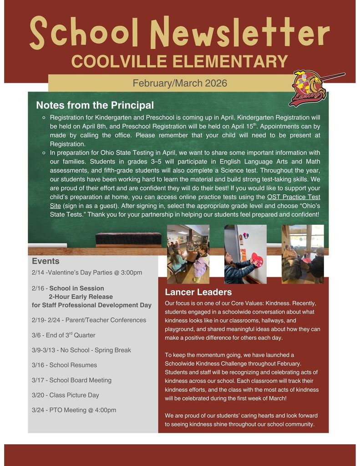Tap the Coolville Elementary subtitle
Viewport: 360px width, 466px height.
(180, 61)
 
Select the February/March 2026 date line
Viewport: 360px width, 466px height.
(180, 83)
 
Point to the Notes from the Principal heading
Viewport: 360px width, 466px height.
(95, 106)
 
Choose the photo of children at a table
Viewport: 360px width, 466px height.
(188, 254)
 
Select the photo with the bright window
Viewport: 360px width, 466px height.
(303, 254)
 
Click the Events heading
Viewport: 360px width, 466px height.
(46, 261)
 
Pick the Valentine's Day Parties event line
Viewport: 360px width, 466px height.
(87, 273)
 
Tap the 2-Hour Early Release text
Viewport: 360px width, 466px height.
(81, 297)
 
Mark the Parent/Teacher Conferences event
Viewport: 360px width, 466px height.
(89, 320)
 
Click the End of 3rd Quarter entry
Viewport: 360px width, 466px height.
(64, 335)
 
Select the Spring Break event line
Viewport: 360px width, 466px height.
(81, 350)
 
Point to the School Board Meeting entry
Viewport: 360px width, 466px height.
(71, 380)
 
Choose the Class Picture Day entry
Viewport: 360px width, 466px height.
(66, 395)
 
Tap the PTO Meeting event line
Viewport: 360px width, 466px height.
(74, 410)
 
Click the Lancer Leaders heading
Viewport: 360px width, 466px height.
(198, 292)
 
